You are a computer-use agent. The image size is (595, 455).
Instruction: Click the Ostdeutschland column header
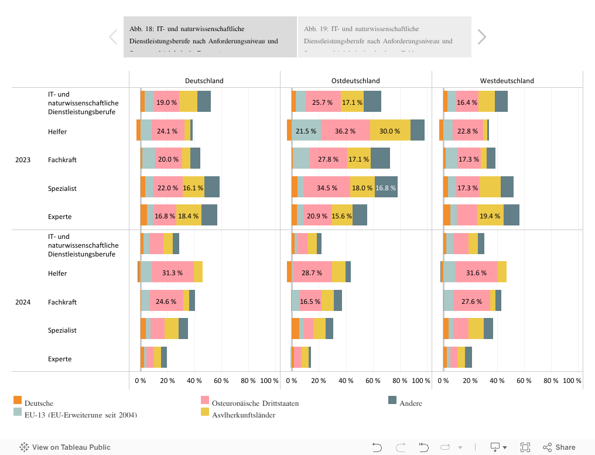[x=355, y=81]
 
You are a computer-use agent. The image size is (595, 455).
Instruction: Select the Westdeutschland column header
[x=507, y=81]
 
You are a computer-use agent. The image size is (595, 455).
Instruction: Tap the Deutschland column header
[x=204, y=81]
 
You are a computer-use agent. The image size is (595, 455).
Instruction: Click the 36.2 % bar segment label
[x=345, y=131]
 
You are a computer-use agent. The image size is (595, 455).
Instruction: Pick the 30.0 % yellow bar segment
[x=390, y=131]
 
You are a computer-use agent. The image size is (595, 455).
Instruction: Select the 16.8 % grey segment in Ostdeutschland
[x=386, y=188]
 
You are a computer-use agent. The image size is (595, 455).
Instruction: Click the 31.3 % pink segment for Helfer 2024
[x=173, y=273]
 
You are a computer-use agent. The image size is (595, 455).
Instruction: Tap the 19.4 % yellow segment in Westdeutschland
[x=490, y=217]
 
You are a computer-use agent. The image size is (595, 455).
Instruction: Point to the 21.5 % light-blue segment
[x=306, y=131]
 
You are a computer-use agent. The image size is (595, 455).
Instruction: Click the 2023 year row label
[x=23, y=160]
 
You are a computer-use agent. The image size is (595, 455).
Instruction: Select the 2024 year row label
[x=23, y=302]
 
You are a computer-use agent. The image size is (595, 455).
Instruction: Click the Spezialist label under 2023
[x=62, y=189]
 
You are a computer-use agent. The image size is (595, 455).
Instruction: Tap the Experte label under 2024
[x=60, y=359]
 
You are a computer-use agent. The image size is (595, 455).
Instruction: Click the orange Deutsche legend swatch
[x=18, y=401]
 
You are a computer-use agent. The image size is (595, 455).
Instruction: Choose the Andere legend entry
[x=411, y=403]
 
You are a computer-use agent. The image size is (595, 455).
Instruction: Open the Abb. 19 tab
[x=384, y=36]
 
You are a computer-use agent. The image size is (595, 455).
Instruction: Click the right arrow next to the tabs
[x=481, y=37]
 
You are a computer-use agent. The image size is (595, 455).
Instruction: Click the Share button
[x=559, y=447]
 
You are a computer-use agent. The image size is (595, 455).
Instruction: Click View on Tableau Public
[x=65, y=447]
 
